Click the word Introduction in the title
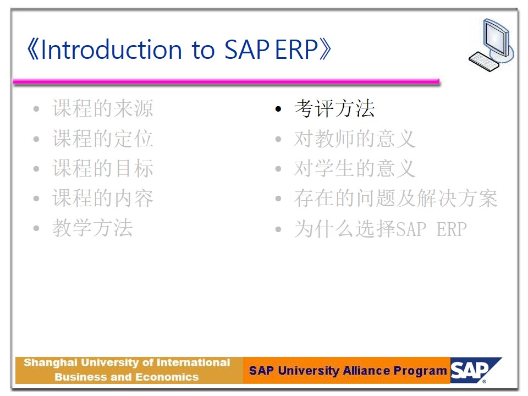(x=112, y=50)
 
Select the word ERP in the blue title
(x=296, y=50)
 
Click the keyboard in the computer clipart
(x=483, y=62)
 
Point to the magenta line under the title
(x=226, y=81)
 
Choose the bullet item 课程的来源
(x=103, y=108)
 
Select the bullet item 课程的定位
(x=103, y=139)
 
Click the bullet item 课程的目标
(x=103, y=168)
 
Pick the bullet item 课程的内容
(x=103, y=198)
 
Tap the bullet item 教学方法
(x=92, y=228)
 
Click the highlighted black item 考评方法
(x=334, y=108)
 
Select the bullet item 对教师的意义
(x=355, y=139)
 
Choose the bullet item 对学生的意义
(x=355, y=168)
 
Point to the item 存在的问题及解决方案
(x=395, y=198)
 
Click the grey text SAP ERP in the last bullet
(x=431, y=229)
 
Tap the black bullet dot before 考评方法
(x=278, y=109)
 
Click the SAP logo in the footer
(x=475, y=370)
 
